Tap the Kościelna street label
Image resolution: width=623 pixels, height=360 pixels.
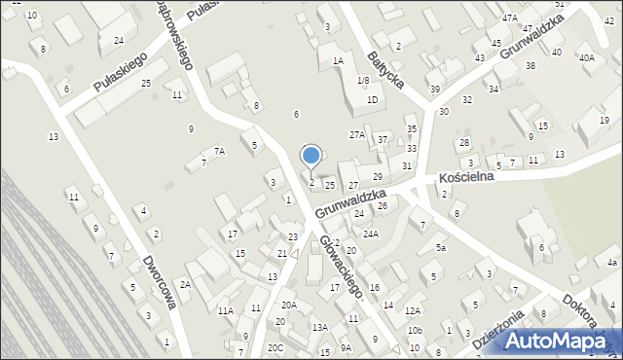tap(467, 178)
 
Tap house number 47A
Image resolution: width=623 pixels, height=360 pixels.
tap(510, 18)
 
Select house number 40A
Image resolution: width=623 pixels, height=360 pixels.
tap(586, 58)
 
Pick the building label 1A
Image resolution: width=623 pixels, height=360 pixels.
tap(338, 60)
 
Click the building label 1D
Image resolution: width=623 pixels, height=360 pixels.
tap(372, 99)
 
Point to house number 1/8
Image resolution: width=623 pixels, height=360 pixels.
tap(363, 80)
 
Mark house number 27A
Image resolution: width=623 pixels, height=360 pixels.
tap(357, 134)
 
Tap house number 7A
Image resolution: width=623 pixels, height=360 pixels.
tap(219, 151)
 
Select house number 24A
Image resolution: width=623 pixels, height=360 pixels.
tap(371, 234)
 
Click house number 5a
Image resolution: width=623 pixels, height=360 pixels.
tap(441, 248)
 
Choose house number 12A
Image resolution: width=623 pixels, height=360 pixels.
tap(413, 310)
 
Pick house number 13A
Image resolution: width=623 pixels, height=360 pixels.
tap(319, 328)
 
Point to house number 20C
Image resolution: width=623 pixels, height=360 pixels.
tap(276, 347)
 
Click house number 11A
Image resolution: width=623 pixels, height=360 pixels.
tap(225, 310)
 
